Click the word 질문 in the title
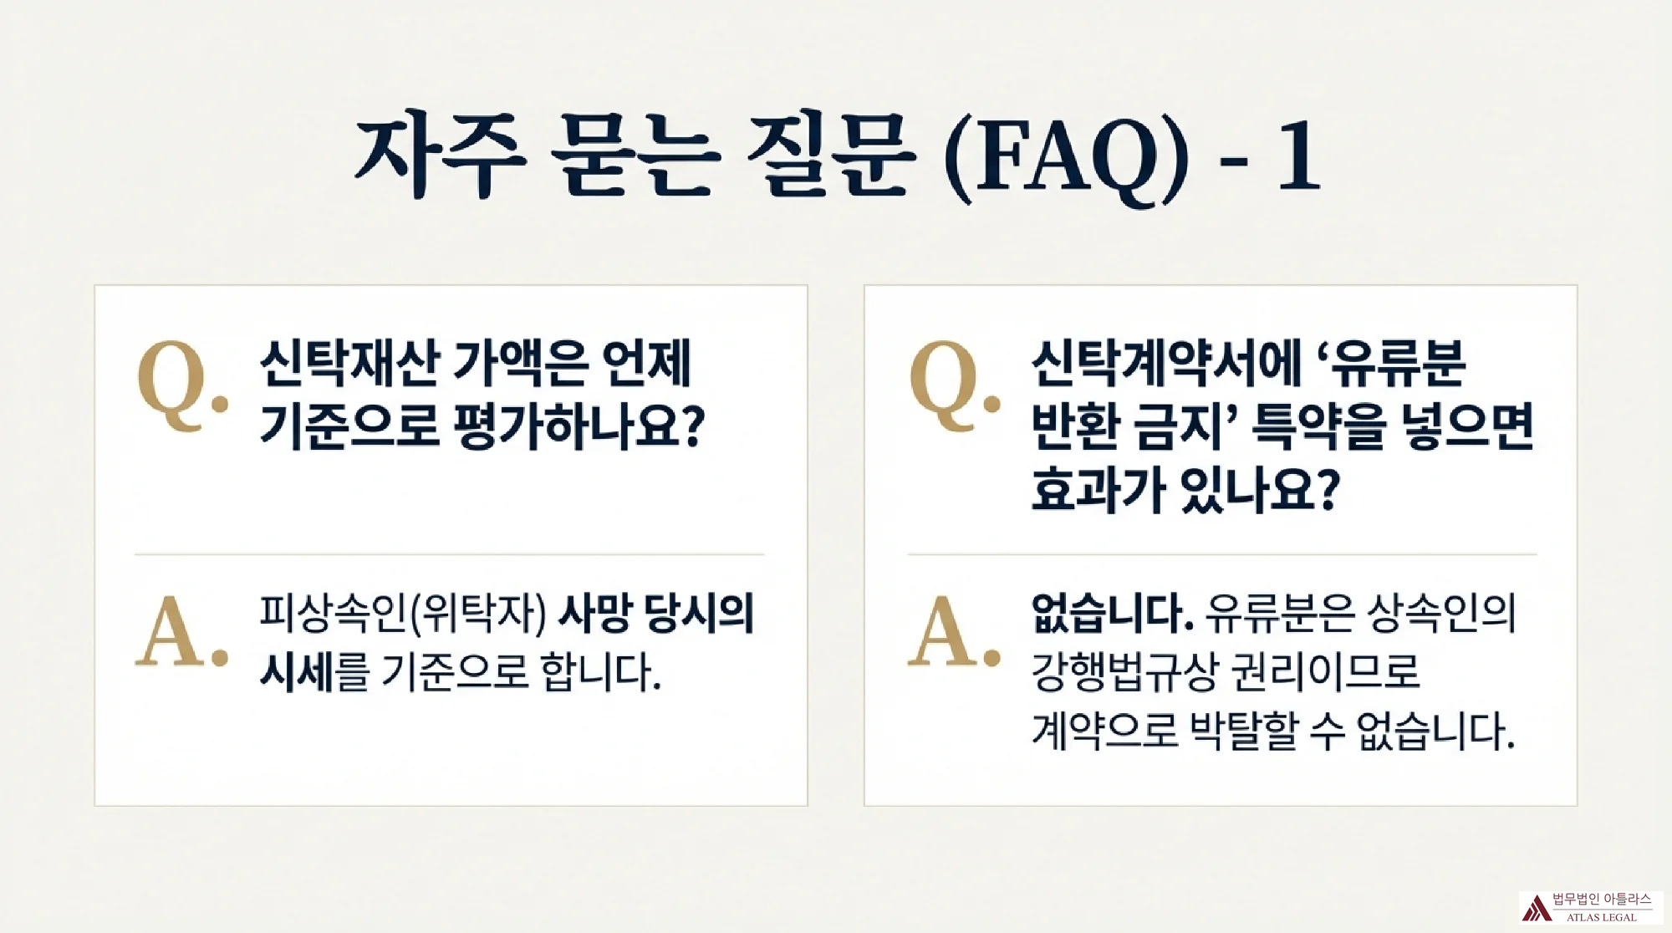pos(828,156)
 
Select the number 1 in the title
pos(1298,156)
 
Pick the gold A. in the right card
pos(954,631)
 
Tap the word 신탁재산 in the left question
pos(350,364)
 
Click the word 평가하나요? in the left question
pos(579,426)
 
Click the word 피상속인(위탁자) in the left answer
pos(403,614)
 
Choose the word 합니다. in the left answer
pos(601,671)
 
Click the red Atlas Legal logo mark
pos(1536,907)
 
